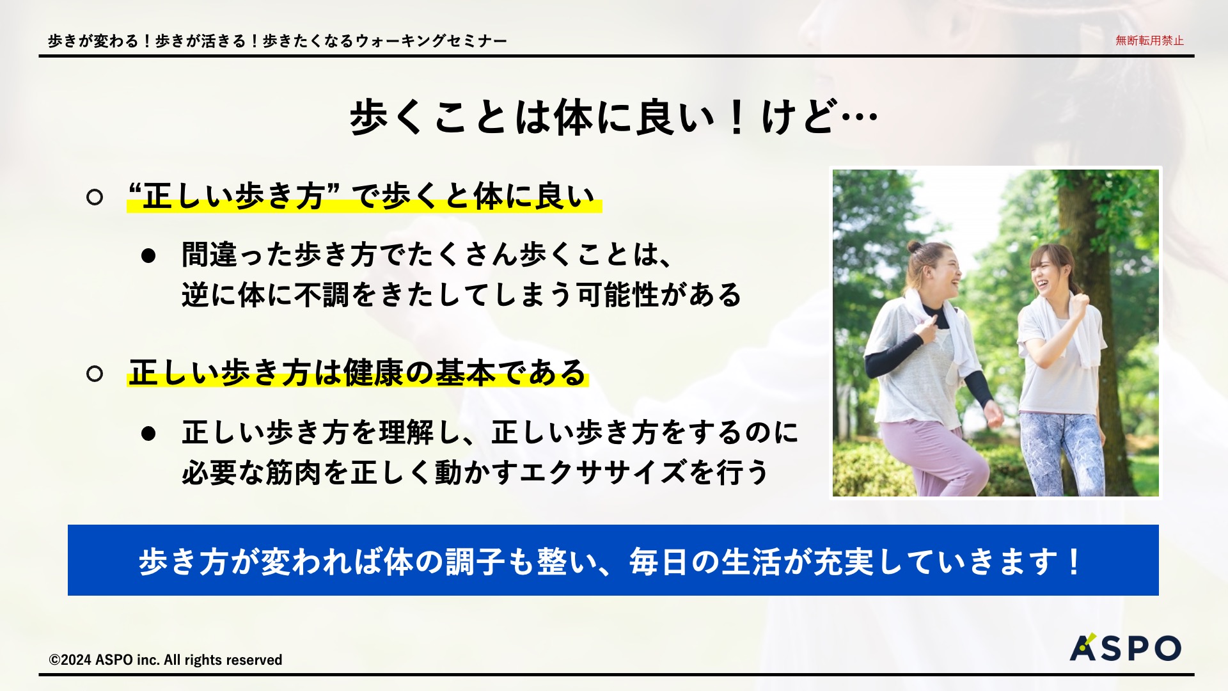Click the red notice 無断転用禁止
pyautogui.click(x=1149, y=40)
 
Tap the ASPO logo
pyautogui.click(x=1125, y=647)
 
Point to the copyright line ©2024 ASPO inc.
pyautogui.click(x=166, y=660)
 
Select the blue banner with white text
pyautogui.click(x=613, y=560)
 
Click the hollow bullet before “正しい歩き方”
pyautogui.click(x=95, y=197)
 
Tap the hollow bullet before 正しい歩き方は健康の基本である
pyautogui.click(x=95, y=374)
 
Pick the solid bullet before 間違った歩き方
pyautogui.click(x=148, y=256)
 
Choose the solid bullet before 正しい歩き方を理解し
pyautogui.click(x=148, y=434)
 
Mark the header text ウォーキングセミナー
pyautogui.click(x=431, y=41)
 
